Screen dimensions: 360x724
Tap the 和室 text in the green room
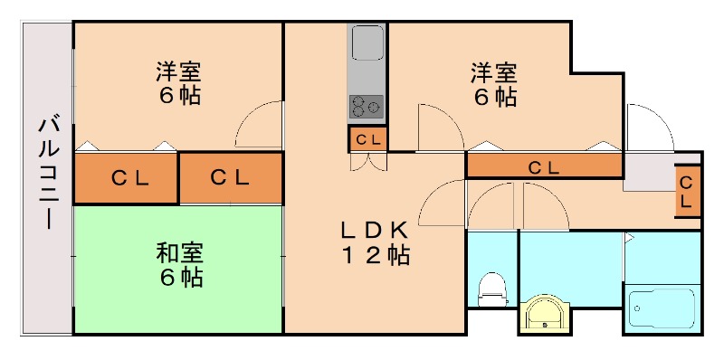[x=178, y=253]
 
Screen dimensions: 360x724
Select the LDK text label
[x=375, y=230]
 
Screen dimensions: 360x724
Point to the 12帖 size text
[x=375, y=256]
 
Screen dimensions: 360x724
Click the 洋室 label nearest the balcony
[x=178, y=71]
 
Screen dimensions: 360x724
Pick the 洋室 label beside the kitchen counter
[x=493, y=71]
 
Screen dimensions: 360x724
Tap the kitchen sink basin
[x=367, y=43]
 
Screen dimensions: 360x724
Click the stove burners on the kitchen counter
[x=367, y=106]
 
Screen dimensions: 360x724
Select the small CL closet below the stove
[x=368, y=139]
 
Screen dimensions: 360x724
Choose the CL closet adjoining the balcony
[x=126, y=178]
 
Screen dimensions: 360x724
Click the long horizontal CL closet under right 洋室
[x=544, y=166]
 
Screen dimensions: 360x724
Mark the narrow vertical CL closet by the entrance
[x=687, y=192]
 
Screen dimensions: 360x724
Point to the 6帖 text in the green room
[x=178, y=278]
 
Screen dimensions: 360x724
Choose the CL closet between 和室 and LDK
[x=230, y=178]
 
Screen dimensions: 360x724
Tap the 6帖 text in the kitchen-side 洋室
[x=493, y=96]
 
